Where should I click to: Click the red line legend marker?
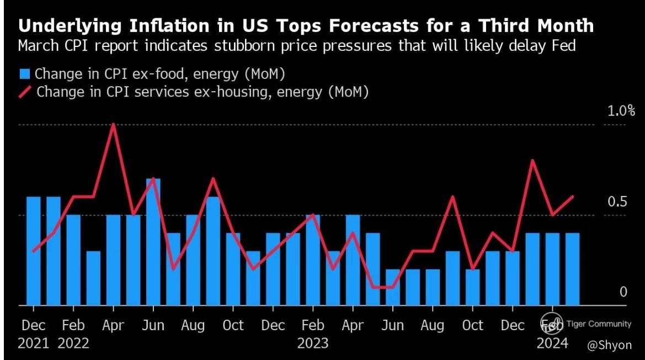point(25,92)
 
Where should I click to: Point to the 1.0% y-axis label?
point(621,111)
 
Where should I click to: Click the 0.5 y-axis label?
point(617,202)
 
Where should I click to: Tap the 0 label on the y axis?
point(623,292)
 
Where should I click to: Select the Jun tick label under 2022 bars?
point(153,325)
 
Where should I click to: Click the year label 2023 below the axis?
point(313,343)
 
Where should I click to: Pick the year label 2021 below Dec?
point(33,343)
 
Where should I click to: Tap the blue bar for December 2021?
point(34,251)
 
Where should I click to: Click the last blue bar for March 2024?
point(572,269)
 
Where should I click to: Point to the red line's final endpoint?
point(573,196)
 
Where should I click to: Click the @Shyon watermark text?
point(609,345)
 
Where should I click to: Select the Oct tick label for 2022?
point(233,325)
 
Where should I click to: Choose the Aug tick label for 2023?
point(433,325)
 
